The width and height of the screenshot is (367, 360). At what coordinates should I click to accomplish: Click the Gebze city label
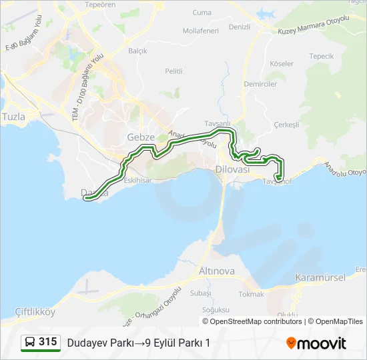click(141, 137)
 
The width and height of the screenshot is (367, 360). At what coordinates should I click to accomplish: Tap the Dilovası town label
click(232, 170)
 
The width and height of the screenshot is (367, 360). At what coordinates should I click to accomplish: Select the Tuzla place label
click(13, 117)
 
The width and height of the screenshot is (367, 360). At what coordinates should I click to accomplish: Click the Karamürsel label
click(319, 277)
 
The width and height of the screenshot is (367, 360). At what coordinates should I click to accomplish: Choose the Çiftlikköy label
click(34, 311)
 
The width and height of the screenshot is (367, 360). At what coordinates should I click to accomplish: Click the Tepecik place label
click(321, 57)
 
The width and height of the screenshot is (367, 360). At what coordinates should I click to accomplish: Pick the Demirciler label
click(260, 84)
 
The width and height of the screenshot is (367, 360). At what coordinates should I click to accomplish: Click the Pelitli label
click(173, 71)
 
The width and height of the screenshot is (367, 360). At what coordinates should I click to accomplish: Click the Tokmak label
click(251, 293)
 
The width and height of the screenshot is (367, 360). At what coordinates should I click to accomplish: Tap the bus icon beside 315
click(30, 342)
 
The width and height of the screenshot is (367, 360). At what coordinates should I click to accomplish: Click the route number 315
click(48, 341)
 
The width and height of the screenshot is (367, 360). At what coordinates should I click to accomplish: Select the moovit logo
click(316, 343)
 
